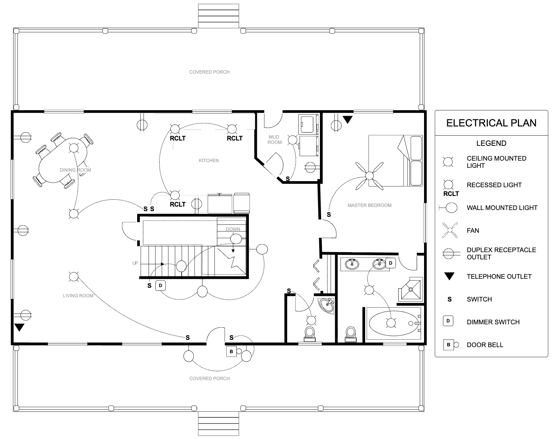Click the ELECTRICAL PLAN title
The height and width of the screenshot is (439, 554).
click(x=491, y=123)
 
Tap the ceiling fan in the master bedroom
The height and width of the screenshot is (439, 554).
click(x=369, y=175)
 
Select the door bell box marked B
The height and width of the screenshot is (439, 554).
click(x=231, y=352)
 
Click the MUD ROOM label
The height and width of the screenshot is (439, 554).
click(x=274, y=139)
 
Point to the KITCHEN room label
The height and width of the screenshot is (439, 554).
click(x=209, y=161)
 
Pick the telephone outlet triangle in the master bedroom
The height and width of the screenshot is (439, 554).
click(x=347, y=120)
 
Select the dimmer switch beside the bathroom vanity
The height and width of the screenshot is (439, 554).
click(x=391, y=263)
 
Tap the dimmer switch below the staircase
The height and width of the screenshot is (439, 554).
click(x=160, y=285)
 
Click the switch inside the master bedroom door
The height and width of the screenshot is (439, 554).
click(x=329, y=215)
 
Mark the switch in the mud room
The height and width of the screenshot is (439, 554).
click(x=288, y=179)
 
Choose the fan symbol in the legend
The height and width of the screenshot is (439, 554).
click(x=450, y=231)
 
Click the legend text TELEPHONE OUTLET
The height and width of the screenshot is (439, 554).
click(x=499, y=276)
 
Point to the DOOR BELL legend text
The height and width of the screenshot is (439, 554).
click(x=485, y=345)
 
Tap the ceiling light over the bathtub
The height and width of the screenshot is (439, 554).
click(x=391, y=323)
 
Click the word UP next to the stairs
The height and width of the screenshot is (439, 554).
click(x=135, y=263)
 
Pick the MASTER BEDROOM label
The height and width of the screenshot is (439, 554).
click(x=369, y=205)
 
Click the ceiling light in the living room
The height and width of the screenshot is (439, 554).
click(x=73, y=276)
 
